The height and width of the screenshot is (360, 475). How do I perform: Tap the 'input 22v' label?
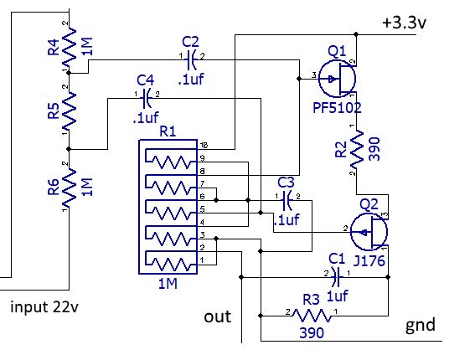tap(47, 306)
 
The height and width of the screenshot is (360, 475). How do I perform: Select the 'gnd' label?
tap(421, 325)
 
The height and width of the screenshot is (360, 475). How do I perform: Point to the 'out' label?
tap(218, 317)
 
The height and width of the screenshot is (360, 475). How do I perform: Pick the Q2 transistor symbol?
tap(369, 229)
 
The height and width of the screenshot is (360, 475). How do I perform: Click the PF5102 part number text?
tap(337, 108)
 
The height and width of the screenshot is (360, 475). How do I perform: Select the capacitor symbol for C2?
tap(192, 58)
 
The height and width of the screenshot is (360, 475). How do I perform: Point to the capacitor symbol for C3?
tap(287, 199)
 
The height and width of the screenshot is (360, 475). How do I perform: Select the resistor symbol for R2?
tap(359, 151)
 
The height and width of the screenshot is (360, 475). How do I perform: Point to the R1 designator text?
tap(168, 131)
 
